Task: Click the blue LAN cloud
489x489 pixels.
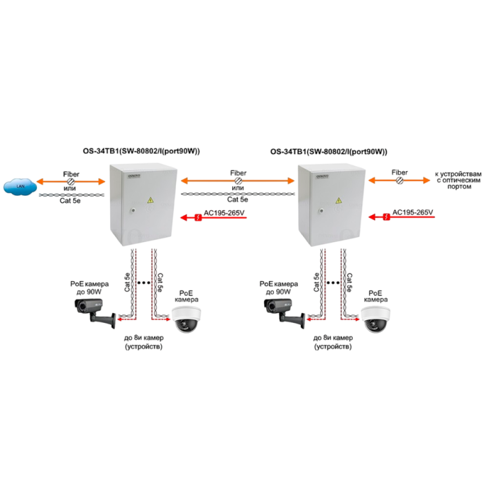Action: pos(20,186)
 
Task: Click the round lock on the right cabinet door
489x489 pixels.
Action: pos(321,211)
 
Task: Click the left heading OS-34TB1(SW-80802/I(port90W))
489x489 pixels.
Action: pos(141,152)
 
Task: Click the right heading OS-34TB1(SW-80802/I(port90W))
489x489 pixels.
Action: pos(329,152)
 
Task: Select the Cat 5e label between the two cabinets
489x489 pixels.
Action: pos(238,200)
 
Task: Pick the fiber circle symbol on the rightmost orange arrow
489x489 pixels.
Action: pos(400,180)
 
